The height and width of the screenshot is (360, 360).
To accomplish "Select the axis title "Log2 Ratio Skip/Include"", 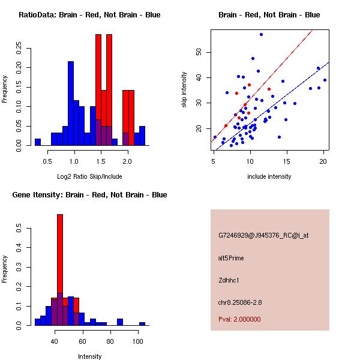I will [x=89, y=177].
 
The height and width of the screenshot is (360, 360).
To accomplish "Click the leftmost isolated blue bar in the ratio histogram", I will [x=37, y=142].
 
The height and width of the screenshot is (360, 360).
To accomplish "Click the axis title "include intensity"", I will [x=269, y=176].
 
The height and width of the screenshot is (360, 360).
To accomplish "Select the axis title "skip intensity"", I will [x=185, y=90].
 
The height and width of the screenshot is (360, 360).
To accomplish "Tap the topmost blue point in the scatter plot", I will [x=261, y=34].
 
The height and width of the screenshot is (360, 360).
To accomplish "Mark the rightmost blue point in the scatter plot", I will [x=325, y=80].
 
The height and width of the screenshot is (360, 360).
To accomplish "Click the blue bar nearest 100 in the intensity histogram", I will [x=142, y=323].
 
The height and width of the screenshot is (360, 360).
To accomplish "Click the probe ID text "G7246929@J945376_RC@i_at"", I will [x=263, y=236].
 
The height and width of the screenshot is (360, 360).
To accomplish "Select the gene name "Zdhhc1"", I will [x=229, y=280].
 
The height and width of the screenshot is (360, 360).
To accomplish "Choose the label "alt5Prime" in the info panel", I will [x=231, y=258].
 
